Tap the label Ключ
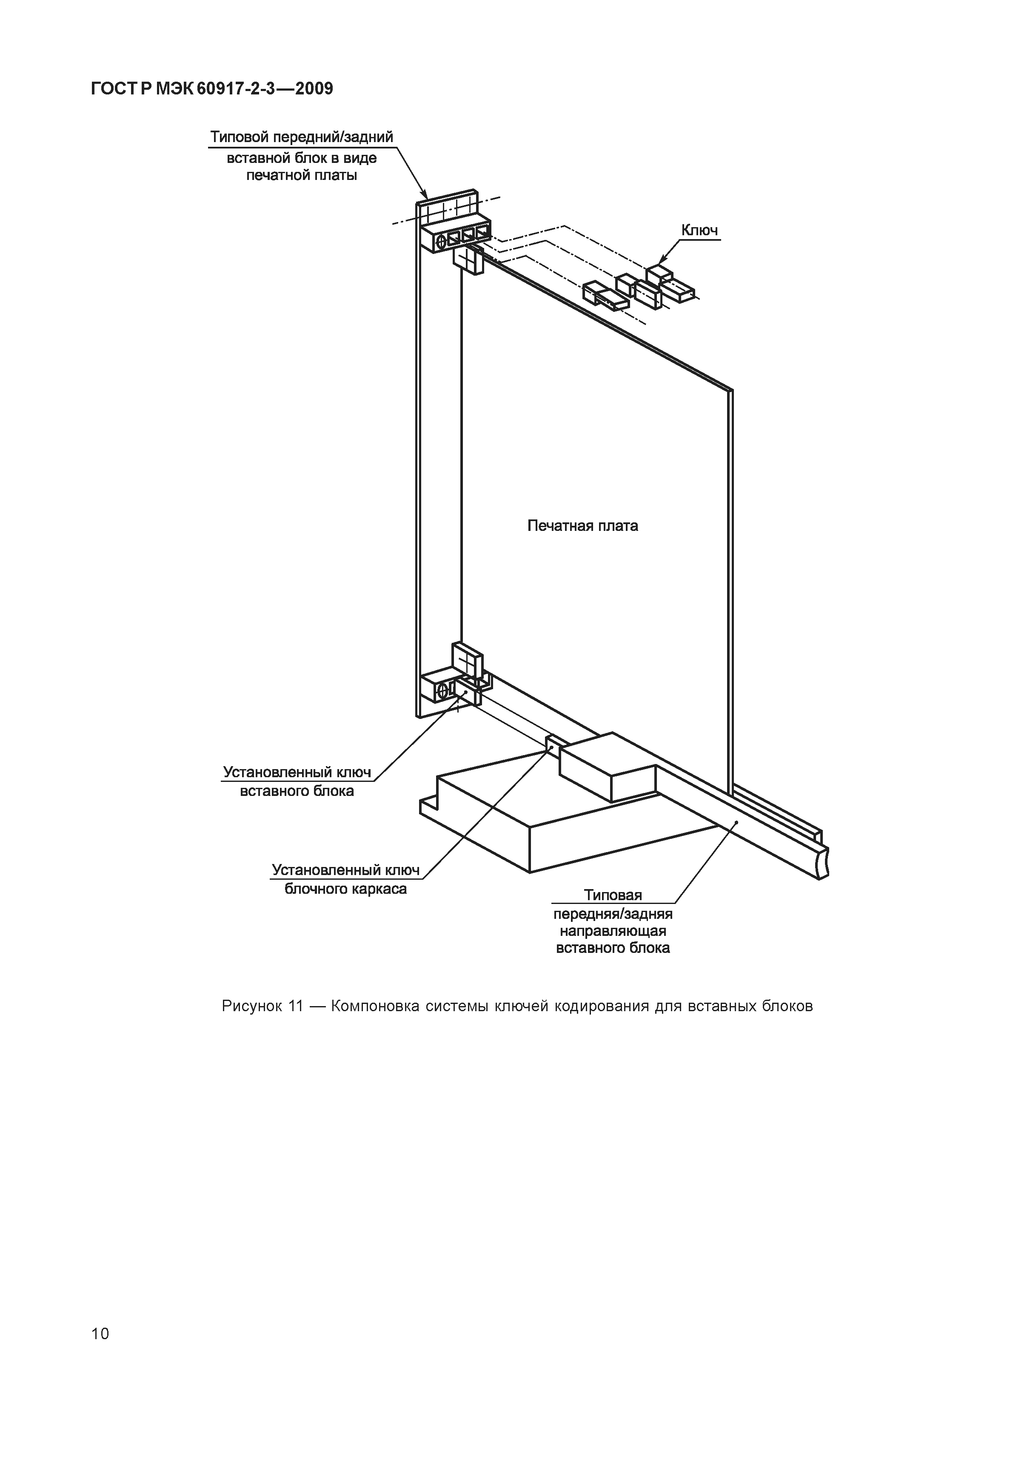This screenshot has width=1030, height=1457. tap(699, 230)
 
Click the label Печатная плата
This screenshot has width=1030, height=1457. tap(582, 525)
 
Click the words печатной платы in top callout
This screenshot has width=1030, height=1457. tap(302, 175)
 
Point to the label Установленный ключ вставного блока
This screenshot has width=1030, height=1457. tap(297, 781)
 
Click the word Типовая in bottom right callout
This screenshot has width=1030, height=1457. tap(613, 895)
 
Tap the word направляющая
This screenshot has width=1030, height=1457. tap(612, 931)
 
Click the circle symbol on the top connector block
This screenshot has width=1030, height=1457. tap(442, 241)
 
